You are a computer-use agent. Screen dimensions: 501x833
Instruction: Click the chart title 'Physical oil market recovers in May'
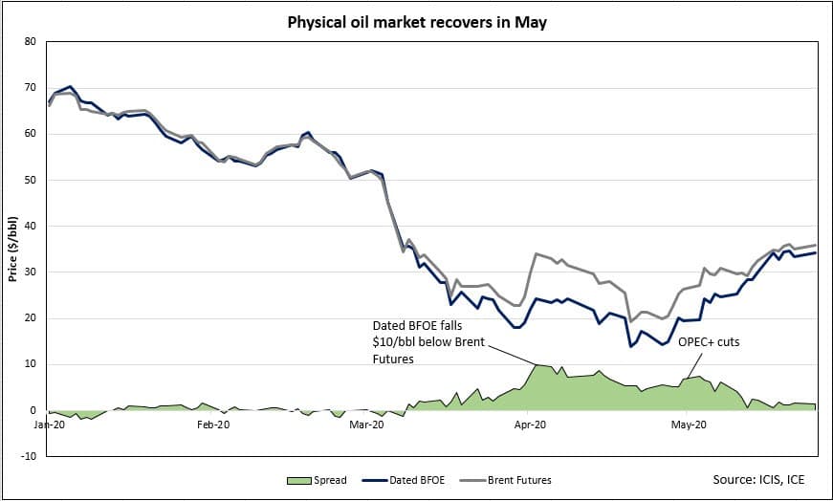point(417,21)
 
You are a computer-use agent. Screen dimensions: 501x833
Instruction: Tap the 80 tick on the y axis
point(30,42)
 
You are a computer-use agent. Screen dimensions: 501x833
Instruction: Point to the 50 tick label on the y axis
point(30,180)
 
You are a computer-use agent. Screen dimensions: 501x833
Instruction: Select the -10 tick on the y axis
point(28,456)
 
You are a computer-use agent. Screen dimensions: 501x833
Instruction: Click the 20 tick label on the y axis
point(30,318)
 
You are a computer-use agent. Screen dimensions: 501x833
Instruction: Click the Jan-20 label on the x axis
point(48,422)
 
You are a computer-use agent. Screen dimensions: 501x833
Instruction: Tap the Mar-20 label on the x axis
point(366,422)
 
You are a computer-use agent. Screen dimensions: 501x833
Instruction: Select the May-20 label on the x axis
point(688,422)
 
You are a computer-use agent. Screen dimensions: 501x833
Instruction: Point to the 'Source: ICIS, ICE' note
point(764,478)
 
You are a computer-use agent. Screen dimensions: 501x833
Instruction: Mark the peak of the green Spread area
point(537,364)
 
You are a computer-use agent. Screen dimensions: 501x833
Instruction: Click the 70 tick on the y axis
point(30,88)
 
